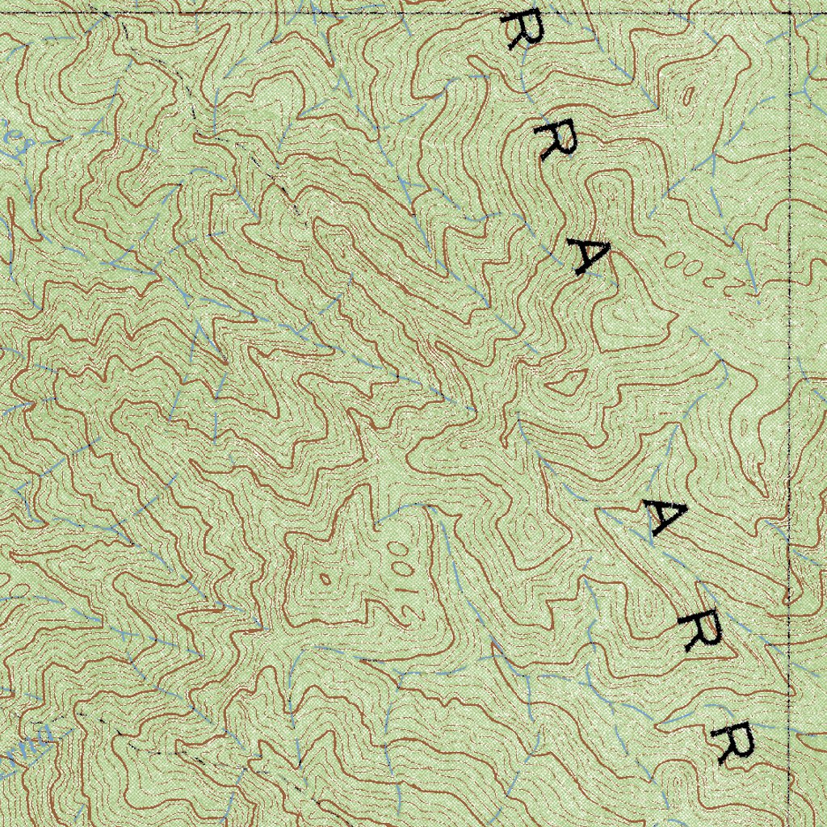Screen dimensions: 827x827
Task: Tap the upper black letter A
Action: [x=589, y=257]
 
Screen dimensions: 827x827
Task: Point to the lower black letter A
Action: [x=664, y=517]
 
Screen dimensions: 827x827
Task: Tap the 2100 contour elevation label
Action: [x=401, y=573]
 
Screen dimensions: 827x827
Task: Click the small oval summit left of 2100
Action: [x=325, y=578]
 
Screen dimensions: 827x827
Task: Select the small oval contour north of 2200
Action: [x=687, y=94]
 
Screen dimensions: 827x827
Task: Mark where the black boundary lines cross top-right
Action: [x=789, y=11]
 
